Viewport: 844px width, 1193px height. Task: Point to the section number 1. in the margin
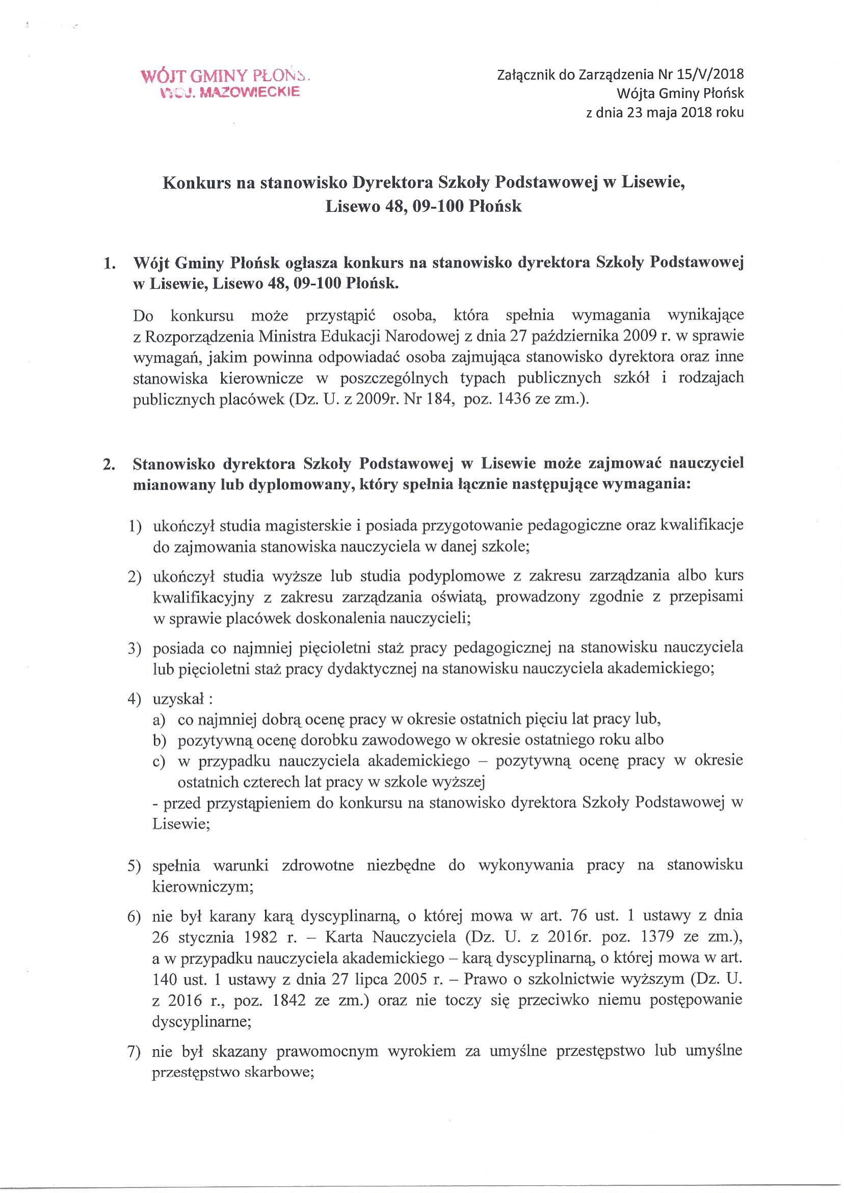coord(109,264)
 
